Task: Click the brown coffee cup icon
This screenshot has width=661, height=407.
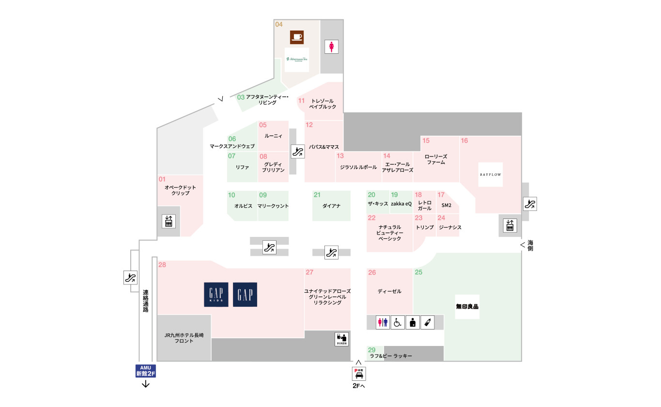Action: [x=297, y=37]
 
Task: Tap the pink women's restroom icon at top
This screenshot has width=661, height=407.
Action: [x=331, y=47]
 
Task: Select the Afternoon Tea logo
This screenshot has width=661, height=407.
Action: [x=297, y=59]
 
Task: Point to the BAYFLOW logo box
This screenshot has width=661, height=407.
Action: [x=491, y=174]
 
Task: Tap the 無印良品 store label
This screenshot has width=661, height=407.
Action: [x=467, y=306]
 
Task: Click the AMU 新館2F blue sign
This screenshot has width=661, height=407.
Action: [x=146, y=371]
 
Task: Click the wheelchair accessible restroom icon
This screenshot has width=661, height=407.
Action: [x=398, y=322]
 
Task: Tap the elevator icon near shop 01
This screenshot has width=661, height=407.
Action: [x=169, y=221]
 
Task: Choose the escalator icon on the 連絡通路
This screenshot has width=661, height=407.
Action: [x=130, y=278]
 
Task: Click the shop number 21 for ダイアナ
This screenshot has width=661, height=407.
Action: [x=317, y=195]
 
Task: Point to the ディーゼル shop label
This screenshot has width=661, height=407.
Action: [x=390, y=291]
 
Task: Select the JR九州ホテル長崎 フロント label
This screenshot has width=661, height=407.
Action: [x=184, y=338]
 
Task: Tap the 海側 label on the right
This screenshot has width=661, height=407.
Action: [x=530, y=245]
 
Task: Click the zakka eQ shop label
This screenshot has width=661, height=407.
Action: [x=401, y=204]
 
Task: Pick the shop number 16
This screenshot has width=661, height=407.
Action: [x=464, y=141]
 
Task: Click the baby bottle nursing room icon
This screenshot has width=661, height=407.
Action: [x=427, y=322]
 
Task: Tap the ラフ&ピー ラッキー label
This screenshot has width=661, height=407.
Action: [x=391, y=356]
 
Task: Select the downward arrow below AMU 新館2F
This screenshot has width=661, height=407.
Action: [x=146, y=385]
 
